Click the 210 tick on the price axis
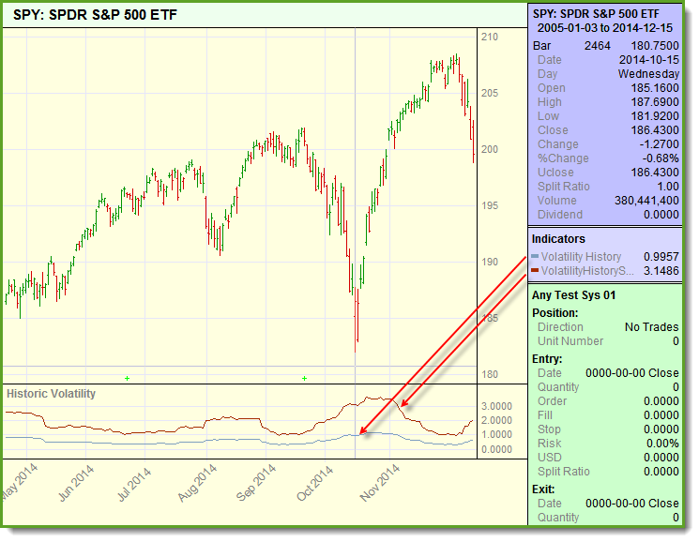pos(489,37)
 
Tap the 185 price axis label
pos(489,319)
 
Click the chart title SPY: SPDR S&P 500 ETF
pos(95,16)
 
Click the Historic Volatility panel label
pos(52,394)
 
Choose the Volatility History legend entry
pos(581,257)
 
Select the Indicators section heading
pos(558,239)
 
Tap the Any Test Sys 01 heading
pos(573,295)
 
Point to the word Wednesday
pos(648,74)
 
